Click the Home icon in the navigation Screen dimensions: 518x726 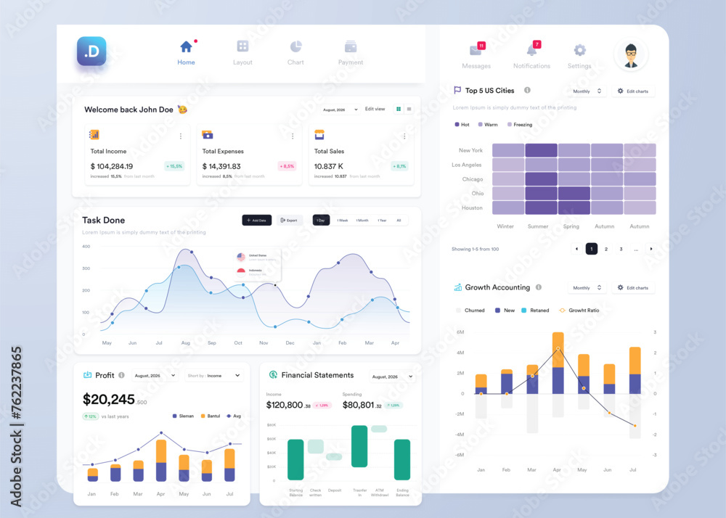click(x=186, y=47)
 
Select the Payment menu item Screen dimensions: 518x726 click(x=351, y=53)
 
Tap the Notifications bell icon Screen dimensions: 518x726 click(x=531, y=50)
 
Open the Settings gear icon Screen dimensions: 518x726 click(x=579, y=50)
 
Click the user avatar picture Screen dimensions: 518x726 click(x=630, y=55)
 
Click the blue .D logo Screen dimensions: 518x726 click(x=91, y=52)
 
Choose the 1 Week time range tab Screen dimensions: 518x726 click(x=342, y=220)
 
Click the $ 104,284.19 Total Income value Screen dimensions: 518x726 click(x=112, y=166)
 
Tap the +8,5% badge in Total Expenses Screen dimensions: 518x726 click(x=287, y=166)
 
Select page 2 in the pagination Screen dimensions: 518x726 click(x=606, y=249)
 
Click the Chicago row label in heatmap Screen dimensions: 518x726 click(x=472, y=179)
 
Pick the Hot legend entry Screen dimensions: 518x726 click(x=462, y=125)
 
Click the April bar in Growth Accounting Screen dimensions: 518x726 click(x=558, y=363)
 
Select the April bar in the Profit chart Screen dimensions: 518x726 click(x=161, y=460)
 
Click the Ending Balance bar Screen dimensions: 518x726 click(x=402, y=459)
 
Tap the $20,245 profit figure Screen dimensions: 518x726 click(x=109, y=399)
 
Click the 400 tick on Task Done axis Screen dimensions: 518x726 click(x=86, y=247)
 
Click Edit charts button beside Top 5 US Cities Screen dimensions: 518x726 click(x=632, y=91)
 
